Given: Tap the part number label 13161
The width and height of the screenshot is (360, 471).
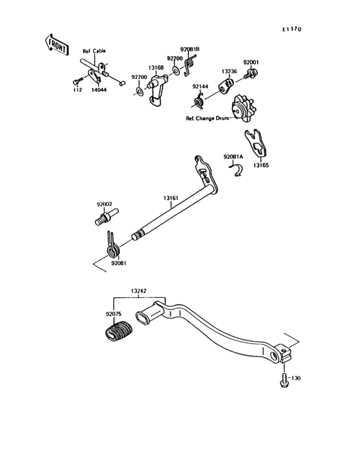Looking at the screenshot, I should [x=170, y=199].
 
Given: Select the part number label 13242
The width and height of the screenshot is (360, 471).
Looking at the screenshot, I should [x=139, y=291].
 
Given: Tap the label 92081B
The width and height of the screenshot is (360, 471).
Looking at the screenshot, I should [x=190, y=49].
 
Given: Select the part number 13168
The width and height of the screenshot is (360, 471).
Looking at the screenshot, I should [x=156, y=66].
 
